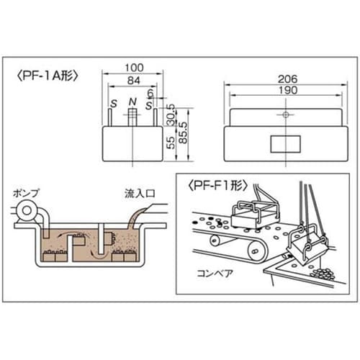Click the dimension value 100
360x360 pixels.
pyautogui.click(x=134, y=68)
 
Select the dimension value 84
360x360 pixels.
pyautogui.click(x=133, y=81)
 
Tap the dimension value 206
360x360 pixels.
pyautogui.click(x=287, y=79)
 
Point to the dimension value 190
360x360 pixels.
pyautogui.click(x=287, y=90)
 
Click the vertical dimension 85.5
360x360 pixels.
pyautogui.click(x=183, y=132)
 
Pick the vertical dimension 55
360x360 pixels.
pyautogui.click(x=171, y=143)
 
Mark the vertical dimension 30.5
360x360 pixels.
pyautogui.click(x=171, y=114)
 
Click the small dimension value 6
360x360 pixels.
pyautogui.click(x=150, y=93)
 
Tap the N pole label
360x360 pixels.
pyautogui.click(x=132, y=102)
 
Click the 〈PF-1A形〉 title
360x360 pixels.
pyautogui.click(x=48, y=76)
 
